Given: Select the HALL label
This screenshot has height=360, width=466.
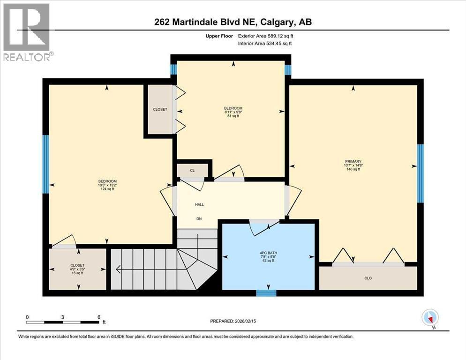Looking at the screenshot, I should pos(199,204).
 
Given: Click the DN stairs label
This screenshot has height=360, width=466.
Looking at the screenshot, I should pos(199,218).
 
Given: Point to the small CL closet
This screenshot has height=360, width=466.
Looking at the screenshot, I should pos(192,170).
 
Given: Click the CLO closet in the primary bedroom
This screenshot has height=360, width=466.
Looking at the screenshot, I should pos(368,278).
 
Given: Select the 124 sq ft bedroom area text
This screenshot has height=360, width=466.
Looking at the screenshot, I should pos(107,189).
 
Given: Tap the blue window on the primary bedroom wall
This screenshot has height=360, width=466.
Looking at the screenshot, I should pos(421,173).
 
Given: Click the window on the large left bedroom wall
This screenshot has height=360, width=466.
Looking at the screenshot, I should pos(45,164).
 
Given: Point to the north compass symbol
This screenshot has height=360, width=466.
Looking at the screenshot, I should pos(429,318).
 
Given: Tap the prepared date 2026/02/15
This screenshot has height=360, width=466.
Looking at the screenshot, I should pos(236,321).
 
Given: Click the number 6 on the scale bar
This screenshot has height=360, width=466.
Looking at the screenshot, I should pos(98,317).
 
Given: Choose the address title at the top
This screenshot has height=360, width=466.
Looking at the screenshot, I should pos(233,22).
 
